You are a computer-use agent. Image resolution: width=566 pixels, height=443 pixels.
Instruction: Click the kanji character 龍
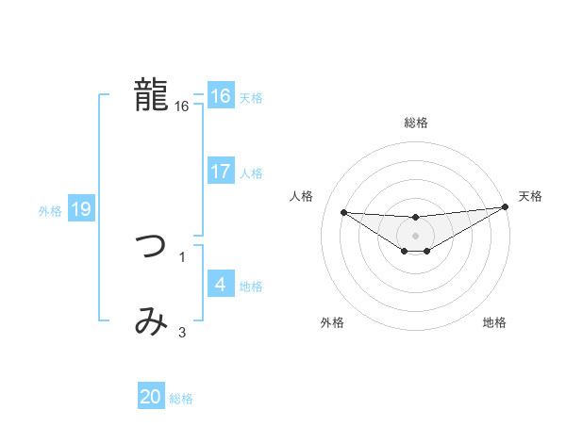click(151, 94)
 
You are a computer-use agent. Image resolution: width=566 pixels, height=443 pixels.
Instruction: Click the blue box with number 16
click(220, 96)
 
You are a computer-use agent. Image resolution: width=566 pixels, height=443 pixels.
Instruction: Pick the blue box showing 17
click(220, 172)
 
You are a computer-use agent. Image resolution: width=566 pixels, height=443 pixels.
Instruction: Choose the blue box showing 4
click(220, 284)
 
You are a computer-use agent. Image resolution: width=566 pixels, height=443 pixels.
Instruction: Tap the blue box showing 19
click(81, 209)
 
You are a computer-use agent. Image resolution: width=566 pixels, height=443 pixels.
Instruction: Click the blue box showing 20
click(151, 397)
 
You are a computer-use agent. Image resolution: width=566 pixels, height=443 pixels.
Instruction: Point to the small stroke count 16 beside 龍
click(182, 107)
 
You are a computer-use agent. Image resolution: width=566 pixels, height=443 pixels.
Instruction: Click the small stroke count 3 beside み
click(182, 332)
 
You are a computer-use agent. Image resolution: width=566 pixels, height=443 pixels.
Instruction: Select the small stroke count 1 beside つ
click(182, 256)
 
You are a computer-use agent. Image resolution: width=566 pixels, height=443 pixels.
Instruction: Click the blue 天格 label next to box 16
click(251, 98)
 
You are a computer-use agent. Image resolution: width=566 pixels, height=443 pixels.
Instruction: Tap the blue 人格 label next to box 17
click(251, 173)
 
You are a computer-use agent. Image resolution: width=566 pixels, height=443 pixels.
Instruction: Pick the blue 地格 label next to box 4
click(251, 286)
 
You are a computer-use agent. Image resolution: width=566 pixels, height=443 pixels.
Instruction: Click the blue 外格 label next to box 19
click(50, 211)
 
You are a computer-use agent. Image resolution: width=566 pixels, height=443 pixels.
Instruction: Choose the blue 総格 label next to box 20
click(181, 399)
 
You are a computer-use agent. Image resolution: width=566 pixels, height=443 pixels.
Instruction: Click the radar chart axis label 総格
click(416, 123)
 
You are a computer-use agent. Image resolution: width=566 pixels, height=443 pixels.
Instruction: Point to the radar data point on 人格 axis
click(343, 212)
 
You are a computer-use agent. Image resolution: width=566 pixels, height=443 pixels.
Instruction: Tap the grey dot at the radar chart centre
click(416, 235)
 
